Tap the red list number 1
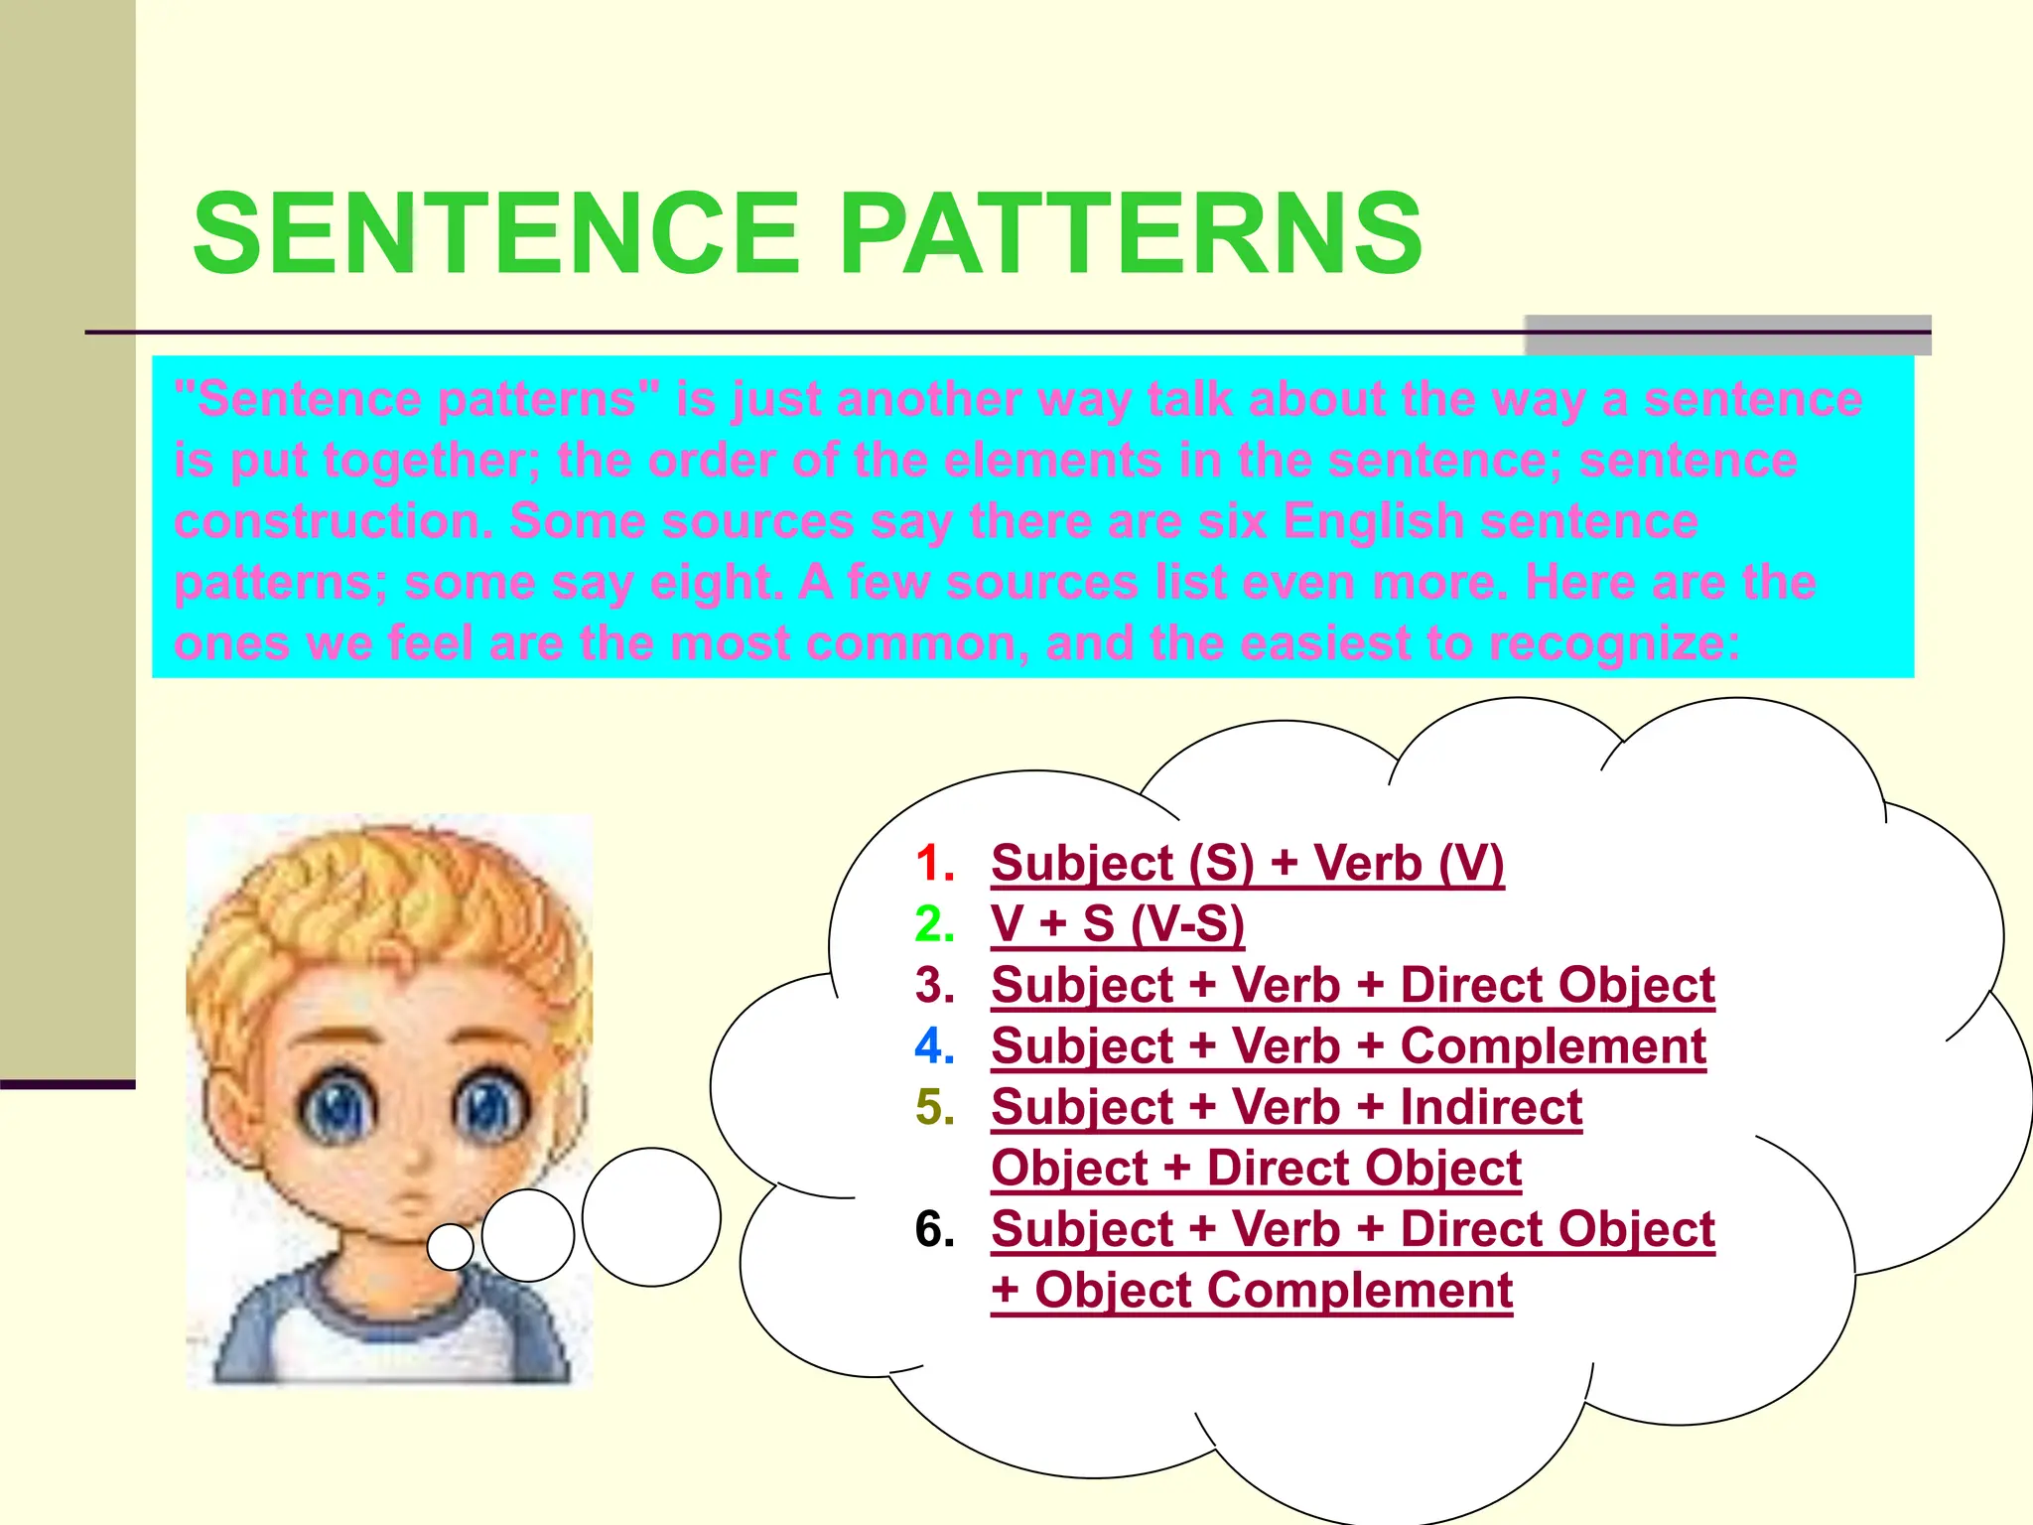(x=934, y=863)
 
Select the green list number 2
(x=934, y=924)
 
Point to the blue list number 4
(x=934, y=1046)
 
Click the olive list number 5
(x=934, y=1107)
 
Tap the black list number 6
(x=934, y=1229)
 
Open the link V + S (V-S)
(x=1117, y=924)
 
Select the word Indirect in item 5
(x=1491, y=1107)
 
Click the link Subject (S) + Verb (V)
(x=1247, y=863)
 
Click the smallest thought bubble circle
(x=450, y=1246)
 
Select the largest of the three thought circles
(x=651, y=1216)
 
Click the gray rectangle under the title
(x=1727, y=336)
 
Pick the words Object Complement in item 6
(x=1273, y=1291)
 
